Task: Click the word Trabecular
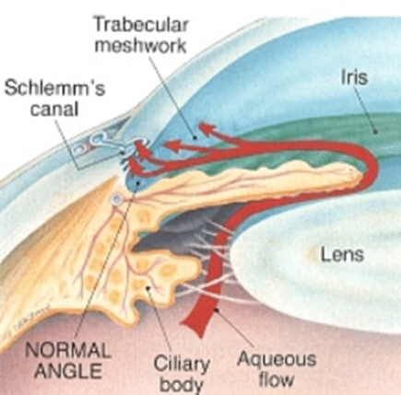[141, 25]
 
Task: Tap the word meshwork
[140, 45]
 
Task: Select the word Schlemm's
[54, 87]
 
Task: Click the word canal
[53, 109]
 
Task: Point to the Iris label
[354, 76]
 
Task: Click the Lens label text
[342, 254]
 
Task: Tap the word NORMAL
[67, 351]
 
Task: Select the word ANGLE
[68, 370]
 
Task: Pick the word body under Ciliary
[182, 384]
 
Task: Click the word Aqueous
[277, 359]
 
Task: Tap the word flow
[277, 379]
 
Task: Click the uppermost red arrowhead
[206, 129]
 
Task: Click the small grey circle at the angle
[116, 200]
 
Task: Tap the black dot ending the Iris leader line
[375, 132]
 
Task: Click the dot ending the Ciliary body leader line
[149, 288]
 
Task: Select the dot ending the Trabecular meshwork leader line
[195, 137]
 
